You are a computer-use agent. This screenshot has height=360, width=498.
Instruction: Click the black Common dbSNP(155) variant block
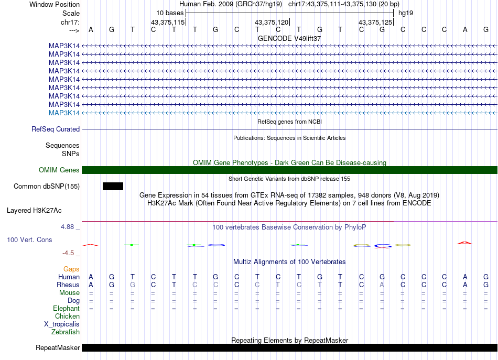[x=113, y=186]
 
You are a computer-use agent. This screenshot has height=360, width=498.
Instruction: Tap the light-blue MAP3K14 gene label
[x=64, y=113]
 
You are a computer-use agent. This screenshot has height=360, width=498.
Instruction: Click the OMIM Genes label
[x=59, y=170]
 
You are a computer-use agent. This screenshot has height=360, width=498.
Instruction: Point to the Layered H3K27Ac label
[x=34, y=211]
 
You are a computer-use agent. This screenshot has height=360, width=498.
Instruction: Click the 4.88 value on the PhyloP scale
[x=68, y=227]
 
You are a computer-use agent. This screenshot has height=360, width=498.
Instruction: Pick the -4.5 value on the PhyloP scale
[x=68, y=253]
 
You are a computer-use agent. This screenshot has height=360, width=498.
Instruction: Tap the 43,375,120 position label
[x=272, y=23]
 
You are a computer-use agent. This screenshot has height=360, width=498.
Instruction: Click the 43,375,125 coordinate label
[x=375, y=23]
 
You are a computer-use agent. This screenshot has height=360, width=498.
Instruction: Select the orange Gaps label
[x=71, y=269]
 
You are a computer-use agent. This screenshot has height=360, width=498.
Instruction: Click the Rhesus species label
[x=68, y=285]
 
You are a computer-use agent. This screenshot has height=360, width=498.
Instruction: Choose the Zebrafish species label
[x=66, y=332]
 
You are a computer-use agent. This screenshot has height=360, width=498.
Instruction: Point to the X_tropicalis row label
[x=62, y=324]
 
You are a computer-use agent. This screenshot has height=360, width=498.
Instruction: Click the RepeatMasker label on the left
[x=58, y=348]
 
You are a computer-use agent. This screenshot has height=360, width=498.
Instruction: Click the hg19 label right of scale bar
[x=406, y=13]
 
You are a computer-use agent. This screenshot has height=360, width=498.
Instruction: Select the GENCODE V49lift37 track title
[x=289, y=39]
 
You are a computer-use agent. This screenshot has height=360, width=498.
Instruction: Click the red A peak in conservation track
[x=465, y=243]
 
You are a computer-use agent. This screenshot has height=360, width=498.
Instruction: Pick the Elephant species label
[x=66, y=309]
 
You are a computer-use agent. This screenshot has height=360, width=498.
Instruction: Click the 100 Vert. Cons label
[x=29, y=240]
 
